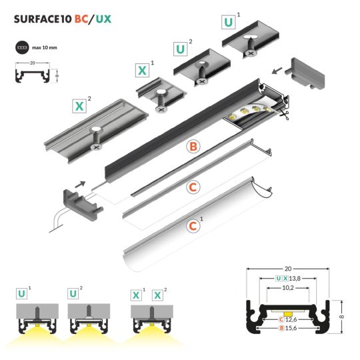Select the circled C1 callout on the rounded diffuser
(193, 226)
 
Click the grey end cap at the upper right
(307, 71)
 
